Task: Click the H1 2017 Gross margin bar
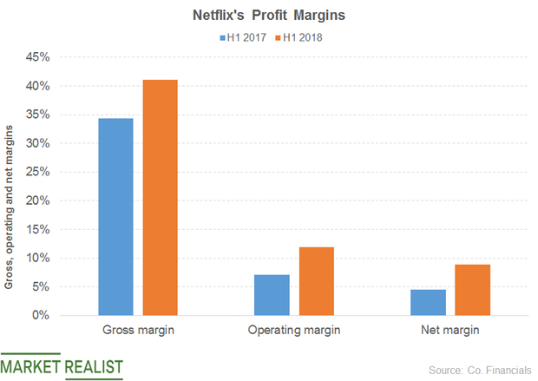(115, 217)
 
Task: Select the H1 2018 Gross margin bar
(160, 198)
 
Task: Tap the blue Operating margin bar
(272, 295)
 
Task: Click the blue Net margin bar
(428, 302)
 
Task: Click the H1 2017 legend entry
(243, 37)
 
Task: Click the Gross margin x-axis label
(137, 331)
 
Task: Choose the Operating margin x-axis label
(293, 331)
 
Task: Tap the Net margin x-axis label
(449, 331)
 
